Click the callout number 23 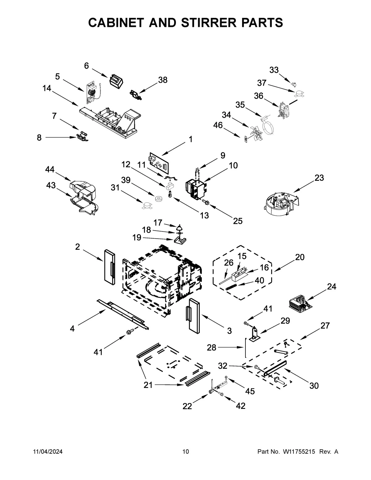pyautogui.click(x=319, y=178)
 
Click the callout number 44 pyautogui.click(x=50, y=169)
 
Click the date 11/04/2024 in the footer pyautogui.click(x=48, y=452)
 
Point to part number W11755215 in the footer pyautogui.click(x=299, y=452)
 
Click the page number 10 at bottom pyautogui.click(x=185, y=452)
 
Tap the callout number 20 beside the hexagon pyautogui.click(x=300, y=257)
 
